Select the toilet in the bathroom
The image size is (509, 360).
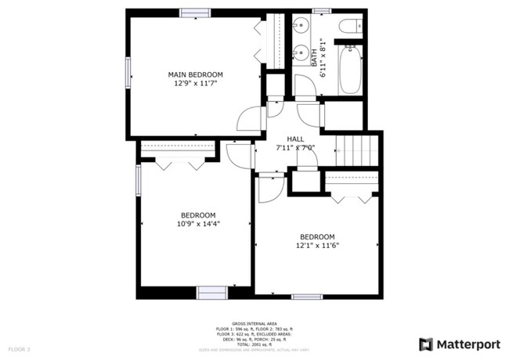(350, 28)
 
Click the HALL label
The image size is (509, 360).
(295, 139)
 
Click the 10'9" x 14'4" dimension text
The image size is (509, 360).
(198, 224)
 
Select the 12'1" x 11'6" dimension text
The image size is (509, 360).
(317, 245)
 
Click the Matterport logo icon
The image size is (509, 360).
(426, 344)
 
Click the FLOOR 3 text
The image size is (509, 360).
(19, 348)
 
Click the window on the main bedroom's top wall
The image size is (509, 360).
(194, 12)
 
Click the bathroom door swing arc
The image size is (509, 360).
(306, 88)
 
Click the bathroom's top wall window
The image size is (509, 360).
(321, 11)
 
